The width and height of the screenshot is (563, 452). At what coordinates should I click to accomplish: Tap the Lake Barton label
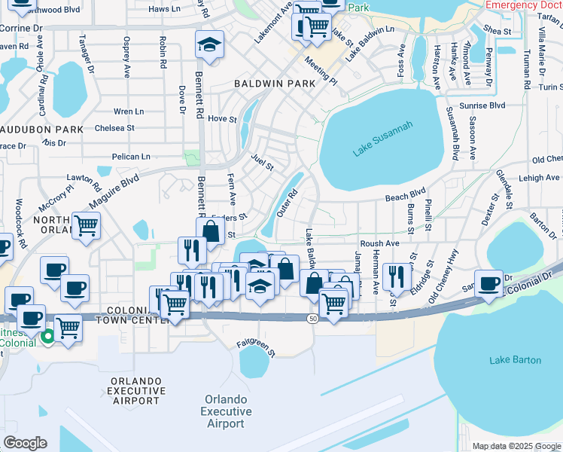pyautogui.click(x=515, y=360)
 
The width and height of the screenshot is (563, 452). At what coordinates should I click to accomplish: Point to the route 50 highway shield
pyautogui.click(x=311, y=319)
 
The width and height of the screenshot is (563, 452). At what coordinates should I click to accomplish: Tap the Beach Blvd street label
pyautogui.click(x=406, y=194)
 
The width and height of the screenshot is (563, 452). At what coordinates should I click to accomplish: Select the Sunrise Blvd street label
pyautogui.click(x=487, y=105)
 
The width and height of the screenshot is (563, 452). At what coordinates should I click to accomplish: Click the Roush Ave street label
pyautogui.click(x=379, y=244)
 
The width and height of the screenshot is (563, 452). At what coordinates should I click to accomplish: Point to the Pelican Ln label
pyautogui.click(x=130, y=157)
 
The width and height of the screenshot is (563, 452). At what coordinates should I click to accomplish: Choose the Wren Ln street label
pyautogui.click(x=128, y=111)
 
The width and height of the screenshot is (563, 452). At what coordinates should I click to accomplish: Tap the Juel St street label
pyautogui.click(x=261, y=160)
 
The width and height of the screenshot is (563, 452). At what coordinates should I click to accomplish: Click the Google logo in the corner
pyautogui.click(x=25, y=443)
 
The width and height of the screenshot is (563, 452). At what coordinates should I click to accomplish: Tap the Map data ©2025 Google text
pyautogui.click(x=516, y=446)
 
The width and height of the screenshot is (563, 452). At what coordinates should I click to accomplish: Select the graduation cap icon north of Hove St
pyautogui.click(x=210, y=44)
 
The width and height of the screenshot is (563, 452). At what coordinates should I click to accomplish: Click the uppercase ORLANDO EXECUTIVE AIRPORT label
pyautogui.click(x=136, y=391)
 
